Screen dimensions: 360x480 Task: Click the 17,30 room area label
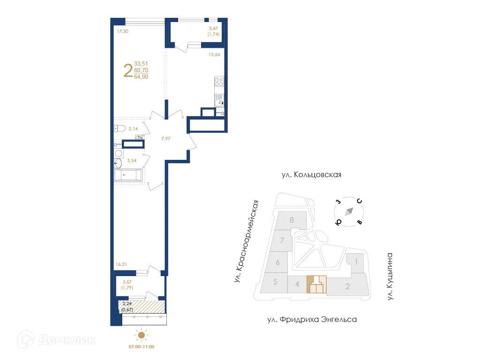[122, 31]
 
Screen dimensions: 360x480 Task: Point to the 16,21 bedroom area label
[121, 264]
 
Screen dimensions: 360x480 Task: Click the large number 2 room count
[127, 71]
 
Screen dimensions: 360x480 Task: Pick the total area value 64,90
[141, 77]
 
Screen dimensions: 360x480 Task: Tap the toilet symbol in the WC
[119, 128]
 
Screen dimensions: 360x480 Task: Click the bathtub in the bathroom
[127, 176]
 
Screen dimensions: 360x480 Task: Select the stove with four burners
[219, 83]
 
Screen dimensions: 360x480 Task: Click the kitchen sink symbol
[219, 103]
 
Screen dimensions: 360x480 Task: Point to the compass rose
[348, 212]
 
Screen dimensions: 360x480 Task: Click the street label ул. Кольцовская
[311, 175]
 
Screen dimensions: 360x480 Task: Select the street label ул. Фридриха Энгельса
[312, 320]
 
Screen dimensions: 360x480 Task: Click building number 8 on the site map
[292, 219]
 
